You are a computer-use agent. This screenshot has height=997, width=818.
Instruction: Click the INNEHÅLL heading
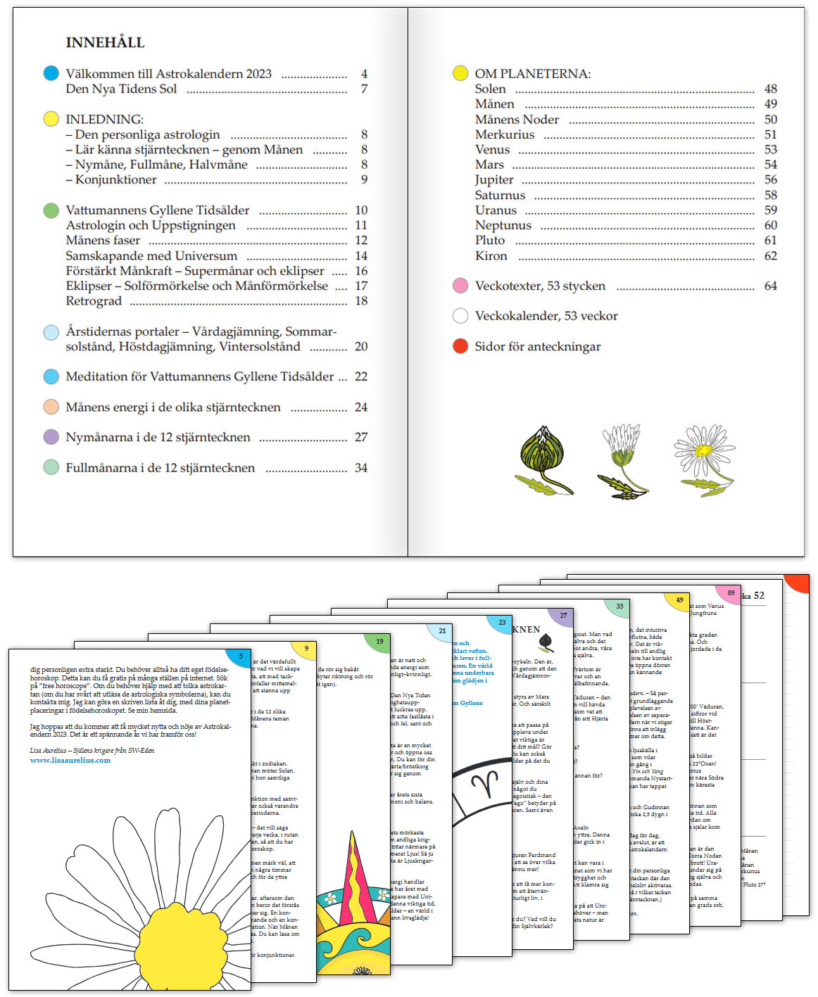105,42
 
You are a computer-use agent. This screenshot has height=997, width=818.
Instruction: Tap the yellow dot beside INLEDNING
51,118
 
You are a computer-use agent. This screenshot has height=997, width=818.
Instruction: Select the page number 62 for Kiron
771,256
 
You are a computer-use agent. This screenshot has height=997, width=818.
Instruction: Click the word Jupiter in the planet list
494,179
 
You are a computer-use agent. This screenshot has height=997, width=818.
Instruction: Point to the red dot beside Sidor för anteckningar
460,345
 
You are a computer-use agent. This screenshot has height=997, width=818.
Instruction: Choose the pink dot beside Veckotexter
460,286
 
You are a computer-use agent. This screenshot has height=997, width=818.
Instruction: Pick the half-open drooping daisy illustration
623,460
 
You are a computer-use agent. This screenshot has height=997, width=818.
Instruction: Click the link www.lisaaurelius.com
70,760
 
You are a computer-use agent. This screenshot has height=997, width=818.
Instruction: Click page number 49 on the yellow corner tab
679,600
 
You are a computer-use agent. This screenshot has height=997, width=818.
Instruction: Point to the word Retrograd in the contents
94,301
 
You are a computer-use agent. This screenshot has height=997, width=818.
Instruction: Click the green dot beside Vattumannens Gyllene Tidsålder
51,210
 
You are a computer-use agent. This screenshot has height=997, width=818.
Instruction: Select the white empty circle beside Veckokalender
460,316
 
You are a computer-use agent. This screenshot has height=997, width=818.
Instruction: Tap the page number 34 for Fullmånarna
361,468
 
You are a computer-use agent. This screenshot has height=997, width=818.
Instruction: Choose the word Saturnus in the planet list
500,195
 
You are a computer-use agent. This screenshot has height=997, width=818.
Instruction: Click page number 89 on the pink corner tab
731,592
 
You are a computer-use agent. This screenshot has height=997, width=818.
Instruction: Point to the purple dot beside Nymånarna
51,437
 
